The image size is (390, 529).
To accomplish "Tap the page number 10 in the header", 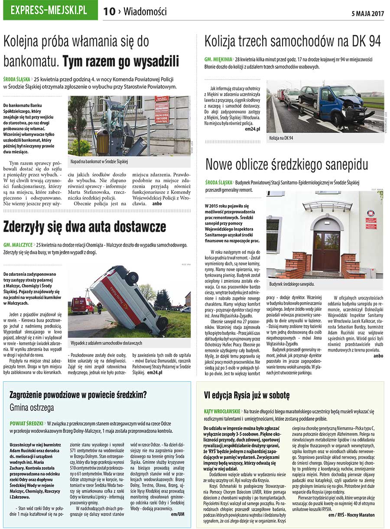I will point(109,12).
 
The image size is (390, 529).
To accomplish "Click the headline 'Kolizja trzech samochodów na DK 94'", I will point(292,42).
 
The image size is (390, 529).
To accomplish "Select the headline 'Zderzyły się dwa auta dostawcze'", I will point(84,226).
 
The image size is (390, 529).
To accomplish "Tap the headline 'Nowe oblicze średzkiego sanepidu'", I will point(286,165).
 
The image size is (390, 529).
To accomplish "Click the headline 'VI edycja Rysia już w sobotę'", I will point(247,395).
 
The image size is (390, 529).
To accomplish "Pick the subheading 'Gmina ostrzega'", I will point(32,408).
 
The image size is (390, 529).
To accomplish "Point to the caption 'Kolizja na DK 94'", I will point(282,138).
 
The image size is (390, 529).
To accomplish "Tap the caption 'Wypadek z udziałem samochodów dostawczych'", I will point(106,343).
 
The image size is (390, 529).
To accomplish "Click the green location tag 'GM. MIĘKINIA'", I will point(218,59).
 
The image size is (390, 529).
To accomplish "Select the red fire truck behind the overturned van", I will point(82,305).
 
